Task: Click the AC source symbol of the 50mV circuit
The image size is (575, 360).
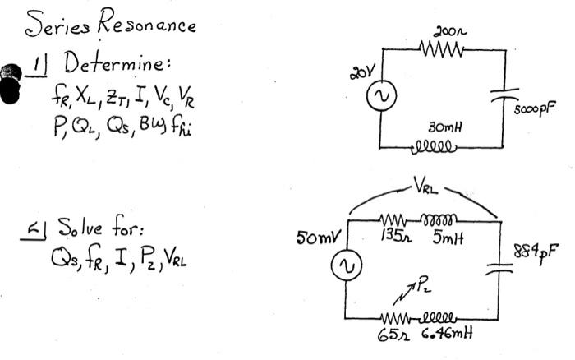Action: pos(345,267)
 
